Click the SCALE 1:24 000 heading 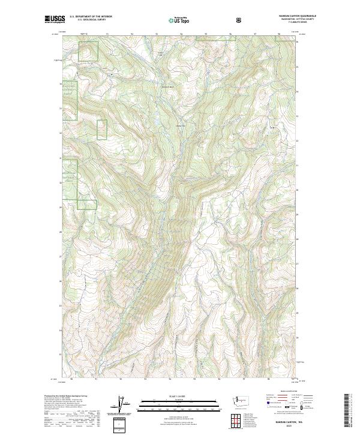(171, 395)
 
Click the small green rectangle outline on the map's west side (101, 130)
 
